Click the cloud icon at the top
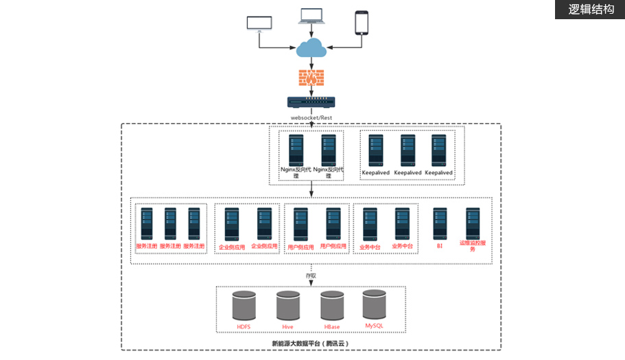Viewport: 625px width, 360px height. click(x=311, y=48)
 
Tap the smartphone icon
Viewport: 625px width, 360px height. click(x=362, y=22)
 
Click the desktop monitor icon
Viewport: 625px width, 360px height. click(x=259, y=23)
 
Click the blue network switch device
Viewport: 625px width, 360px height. click(x=311, y=102)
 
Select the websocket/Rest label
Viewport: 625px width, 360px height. click(x=311, y=117)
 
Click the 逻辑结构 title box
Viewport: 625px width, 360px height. click(x=590, y=10)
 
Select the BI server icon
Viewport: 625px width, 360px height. click(x=440, y=224)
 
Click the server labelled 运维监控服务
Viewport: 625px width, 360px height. click(x=473, y=224)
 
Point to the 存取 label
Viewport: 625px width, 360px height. click(x=311, y=276)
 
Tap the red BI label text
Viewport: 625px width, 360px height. click(x=440, y=245)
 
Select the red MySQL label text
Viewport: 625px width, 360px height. click(x=374, y=326)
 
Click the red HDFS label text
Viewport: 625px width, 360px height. click(x=244, y=327)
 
